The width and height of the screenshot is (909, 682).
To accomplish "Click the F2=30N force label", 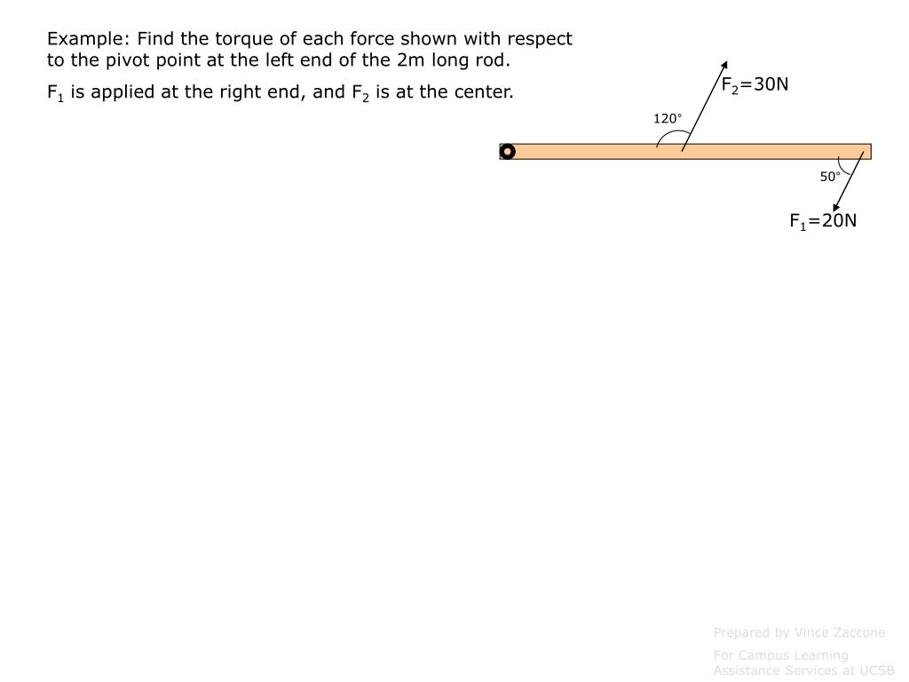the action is [x=755, y=85].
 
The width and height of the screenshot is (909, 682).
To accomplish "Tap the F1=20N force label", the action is [x=823, y=221].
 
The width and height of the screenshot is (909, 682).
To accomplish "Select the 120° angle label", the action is [x=668, y=119].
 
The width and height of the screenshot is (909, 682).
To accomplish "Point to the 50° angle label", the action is [x=830, y=177].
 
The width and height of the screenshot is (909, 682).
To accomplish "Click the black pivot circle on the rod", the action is [x=508, y=152].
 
